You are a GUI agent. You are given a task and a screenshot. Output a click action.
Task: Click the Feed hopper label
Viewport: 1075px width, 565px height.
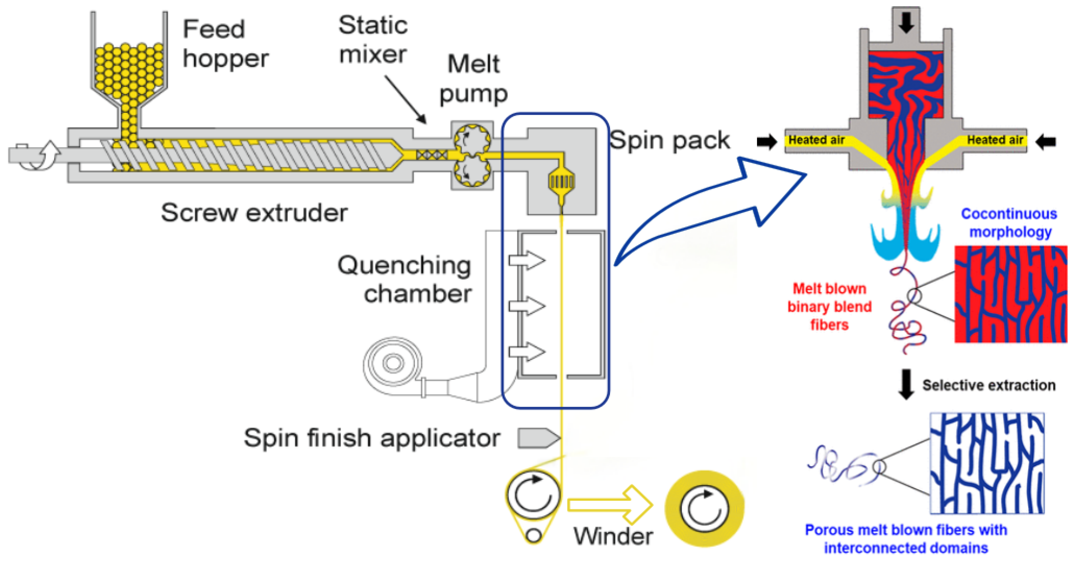click(x=225, y=44)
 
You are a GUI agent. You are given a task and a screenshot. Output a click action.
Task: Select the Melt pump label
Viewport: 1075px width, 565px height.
click(x=474, y=79)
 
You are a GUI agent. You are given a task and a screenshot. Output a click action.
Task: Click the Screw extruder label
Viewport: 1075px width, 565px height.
click(x=254, y=213)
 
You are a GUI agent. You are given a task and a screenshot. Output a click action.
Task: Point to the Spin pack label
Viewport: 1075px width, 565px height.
click(x=670, y=140)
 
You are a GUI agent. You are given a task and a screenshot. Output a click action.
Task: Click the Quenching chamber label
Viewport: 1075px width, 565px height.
click(x=405, y=279)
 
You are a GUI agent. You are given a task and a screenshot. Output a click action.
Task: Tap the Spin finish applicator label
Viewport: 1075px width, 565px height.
click(x=372, y=438)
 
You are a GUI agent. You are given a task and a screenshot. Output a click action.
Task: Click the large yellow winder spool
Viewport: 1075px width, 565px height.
click(x=704, y=509)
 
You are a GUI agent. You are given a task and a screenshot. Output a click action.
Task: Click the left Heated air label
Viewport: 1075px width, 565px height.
click(x=816, y=140)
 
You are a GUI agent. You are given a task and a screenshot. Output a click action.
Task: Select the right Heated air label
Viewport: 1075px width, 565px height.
click(x=995, y=140)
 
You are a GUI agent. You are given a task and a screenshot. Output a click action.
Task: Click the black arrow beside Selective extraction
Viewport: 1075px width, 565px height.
click(x=905, y=384)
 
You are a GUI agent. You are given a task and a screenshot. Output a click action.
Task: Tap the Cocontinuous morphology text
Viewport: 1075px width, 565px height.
click(x=1009, y=223)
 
